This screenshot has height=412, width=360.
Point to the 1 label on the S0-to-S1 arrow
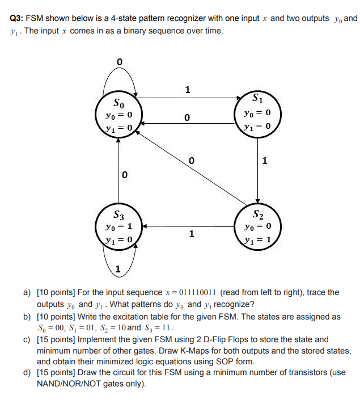tap(188, 89)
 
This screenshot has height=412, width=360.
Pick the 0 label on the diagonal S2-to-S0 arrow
tap(191, 160)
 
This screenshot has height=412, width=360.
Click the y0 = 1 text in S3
tap(119, 226)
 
